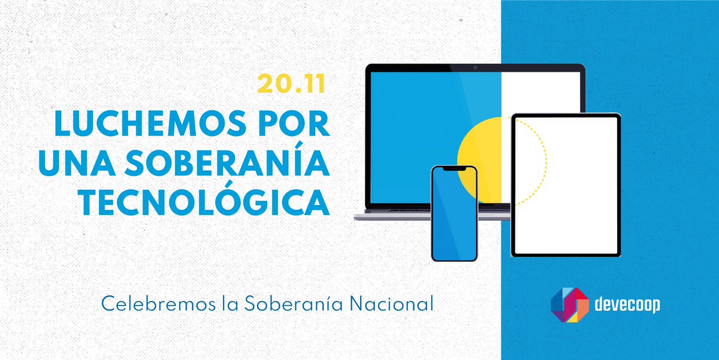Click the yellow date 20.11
click(x=291, y=84)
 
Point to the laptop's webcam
click(x=475, y=67)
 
